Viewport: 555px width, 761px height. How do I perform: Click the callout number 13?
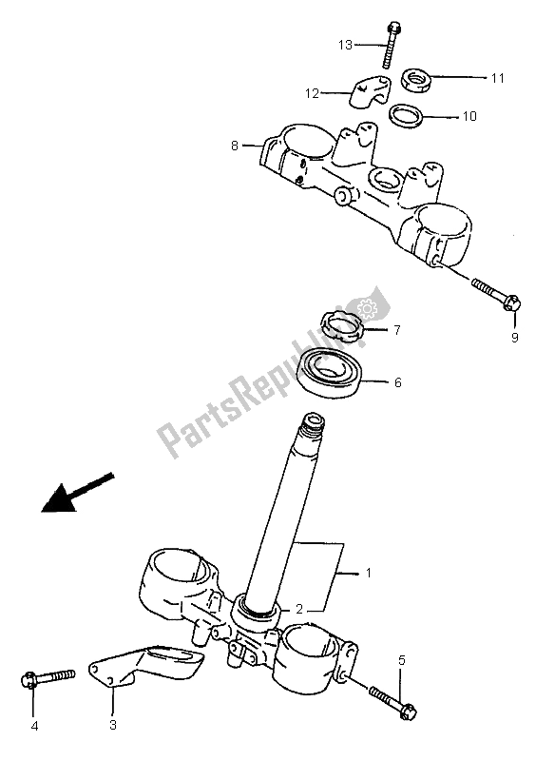pos(345,45)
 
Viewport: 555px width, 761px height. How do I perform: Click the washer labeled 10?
pos(406,116)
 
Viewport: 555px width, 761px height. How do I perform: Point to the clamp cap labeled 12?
pos(370,91)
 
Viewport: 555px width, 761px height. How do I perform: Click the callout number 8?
pos(235,146)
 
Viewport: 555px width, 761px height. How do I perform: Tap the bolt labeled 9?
pos(495,294)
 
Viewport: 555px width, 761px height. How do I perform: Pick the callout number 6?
pos(398,382)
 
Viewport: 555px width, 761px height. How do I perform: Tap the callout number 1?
pos(369,574)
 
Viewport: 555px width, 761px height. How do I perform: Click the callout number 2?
pos(299,609)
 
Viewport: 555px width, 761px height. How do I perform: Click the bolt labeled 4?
pos(48,677)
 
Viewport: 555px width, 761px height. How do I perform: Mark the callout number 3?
pos(113,726)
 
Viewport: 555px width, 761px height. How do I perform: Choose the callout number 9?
pos(515,338)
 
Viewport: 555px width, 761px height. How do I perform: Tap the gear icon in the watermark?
pos(367,307)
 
